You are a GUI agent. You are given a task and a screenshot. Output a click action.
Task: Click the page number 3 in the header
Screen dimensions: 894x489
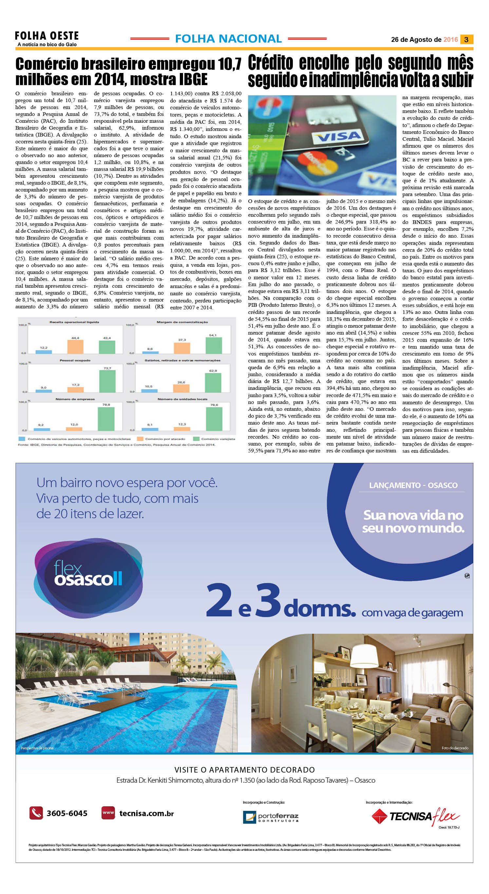[466, 40]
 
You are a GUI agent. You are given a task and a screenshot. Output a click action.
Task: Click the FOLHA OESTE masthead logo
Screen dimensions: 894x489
[47, 36]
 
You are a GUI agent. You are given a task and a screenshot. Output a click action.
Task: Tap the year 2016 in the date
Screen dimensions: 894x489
[450, 40]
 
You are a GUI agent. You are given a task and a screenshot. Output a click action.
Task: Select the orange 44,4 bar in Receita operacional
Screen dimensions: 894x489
[75, 346]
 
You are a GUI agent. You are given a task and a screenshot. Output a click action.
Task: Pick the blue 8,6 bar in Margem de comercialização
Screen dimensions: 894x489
[150, 352]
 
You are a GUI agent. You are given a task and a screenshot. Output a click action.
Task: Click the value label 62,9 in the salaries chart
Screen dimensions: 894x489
[213, 371]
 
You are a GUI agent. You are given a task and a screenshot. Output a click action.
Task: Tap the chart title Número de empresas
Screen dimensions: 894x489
[75, 399]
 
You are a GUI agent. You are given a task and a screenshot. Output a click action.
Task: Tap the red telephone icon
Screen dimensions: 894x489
[36, 813]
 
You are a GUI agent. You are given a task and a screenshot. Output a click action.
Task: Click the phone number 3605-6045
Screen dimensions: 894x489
[67, 813]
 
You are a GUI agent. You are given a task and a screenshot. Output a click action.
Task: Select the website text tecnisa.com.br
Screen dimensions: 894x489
[146, 813]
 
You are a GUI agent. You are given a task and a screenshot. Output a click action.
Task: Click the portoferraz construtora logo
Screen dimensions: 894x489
[271, 817]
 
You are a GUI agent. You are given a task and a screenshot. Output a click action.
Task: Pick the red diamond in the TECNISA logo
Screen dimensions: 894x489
[379, 816]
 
